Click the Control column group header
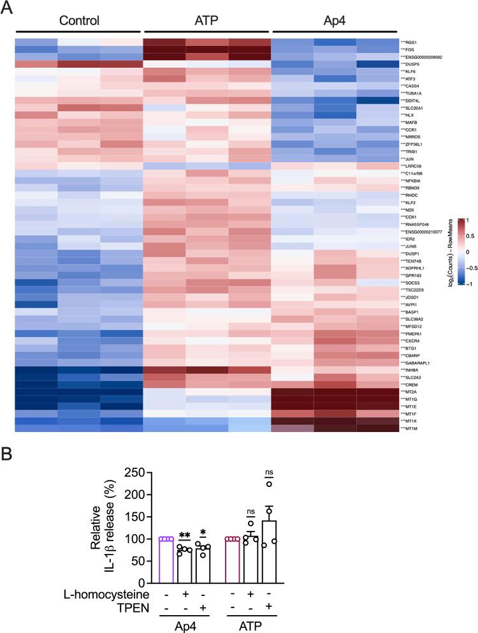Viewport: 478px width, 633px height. click(79, 20)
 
